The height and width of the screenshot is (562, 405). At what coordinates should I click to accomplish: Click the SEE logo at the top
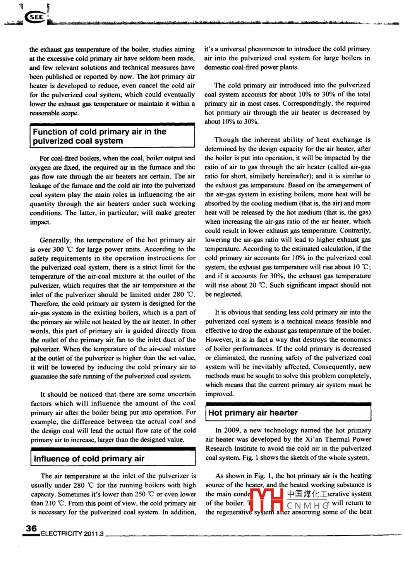[36, 17]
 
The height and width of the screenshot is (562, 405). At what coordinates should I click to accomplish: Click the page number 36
[31, 529]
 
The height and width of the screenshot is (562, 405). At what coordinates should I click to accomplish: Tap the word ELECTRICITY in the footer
[61, 534]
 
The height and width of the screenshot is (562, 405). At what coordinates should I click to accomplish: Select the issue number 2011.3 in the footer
[94, 534]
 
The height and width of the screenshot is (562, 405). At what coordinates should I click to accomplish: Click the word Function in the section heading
[50, 132]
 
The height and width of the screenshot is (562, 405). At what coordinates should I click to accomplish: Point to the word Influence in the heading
[51, 459]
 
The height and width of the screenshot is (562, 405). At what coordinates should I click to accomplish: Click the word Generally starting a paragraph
[55, 240]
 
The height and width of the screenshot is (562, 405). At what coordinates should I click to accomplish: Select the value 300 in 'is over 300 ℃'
[58, 249]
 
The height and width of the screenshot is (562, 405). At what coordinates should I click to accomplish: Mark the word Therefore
[45, 304]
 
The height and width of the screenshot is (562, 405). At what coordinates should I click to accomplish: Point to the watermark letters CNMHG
[307, 506]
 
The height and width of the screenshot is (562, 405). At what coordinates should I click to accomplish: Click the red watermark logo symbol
[268, 500]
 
